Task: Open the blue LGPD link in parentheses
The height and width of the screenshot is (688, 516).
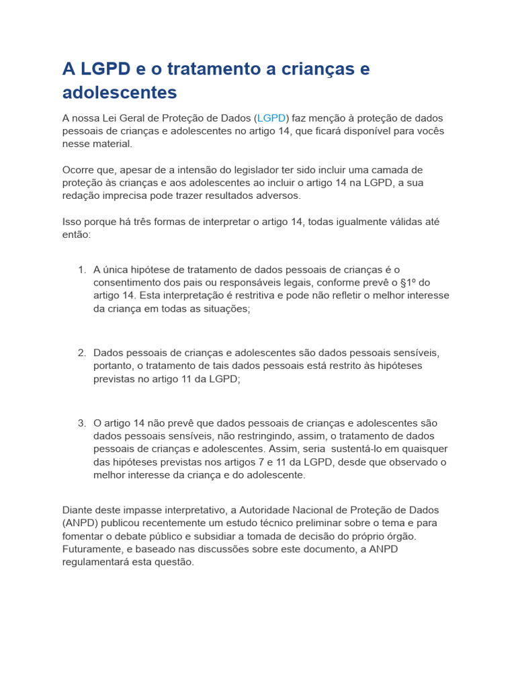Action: point(272,118)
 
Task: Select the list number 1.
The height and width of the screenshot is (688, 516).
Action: point(81,270)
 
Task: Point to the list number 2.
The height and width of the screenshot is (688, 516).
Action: point(81,353)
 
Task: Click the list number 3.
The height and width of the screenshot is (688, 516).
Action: point(81,423)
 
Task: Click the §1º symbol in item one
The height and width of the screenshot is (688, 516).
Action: point(404,283)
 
